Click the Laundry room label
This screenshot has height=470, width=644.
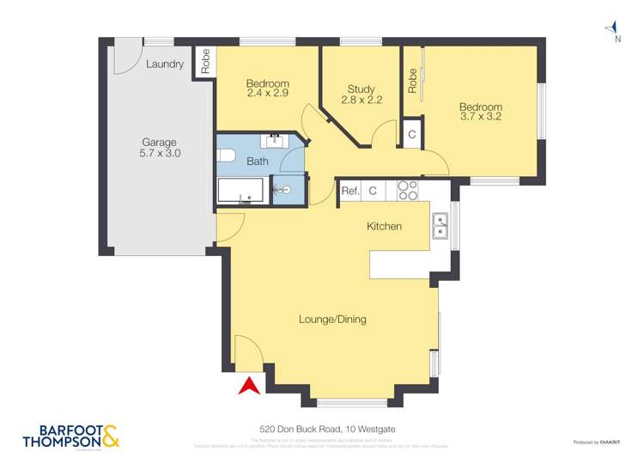pos(164,64)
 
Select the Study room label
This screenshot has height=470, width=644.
pos(361,89)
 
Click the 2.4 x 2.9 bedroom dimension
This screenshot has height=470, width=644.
pos(267,93)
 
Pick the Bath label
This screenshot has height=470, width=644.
pos(258,161)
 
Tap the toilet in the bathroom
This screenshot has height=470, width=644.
pos(226,156)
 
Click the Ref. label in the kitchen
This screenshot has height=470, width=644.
pos(349,192)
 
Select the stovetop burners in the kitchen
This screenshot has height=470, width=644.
pos(407,190)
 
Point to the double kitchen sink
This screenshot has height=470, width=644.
pos(440,225)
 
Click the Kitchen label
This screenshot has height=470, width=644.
pos(385,226)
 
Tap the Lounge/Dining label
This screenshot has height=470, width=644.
pos(332,320)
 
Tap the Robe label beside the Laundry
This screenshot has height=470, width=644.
pos(204,61)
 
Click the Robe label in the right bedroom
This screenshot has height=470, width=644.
pos(412,81)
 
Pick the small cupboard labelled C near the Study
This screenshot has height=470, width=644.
pos(411,135)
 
